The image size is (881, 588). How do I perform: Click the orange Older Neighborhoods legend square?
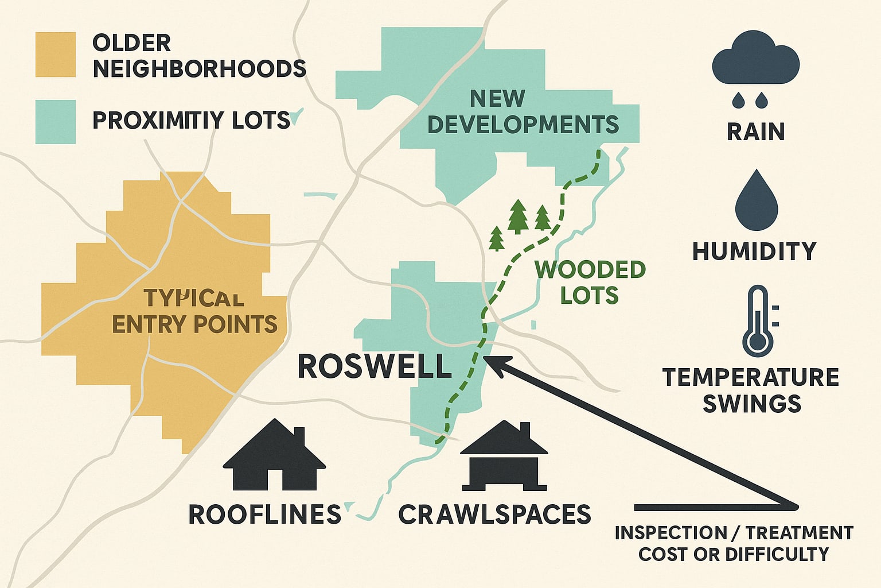[x=55, y=55]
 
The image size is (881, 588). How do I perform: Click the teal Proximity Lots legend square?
[x=55, y=122]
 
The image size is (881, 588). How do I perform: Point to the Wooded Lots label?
[x=589, y=282]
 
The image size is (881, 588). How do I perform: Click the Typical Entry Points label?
[x=194, y=311]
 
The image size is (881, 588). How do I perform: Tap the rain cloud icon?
[x=755, y=64]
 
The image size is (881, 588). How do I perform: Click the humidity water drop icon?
[x=756, y=197]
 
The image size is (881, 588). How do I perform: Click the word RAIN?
[x=755, y=131]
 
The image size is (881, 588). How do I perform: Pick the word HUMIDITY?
[x=754, y=252]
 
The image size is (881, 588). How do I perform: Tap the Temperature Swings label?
[x=751, y=390]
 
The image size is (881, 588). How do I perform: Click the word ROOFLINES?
[x=264, y=514]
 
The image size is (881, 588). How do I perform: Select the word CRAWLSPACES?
[x=494, y=514]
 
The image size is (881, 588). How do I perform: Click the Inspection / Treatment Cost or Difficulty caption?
[x=734, y=543]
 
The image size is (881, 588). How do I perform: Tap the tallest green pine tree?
[x=518, y=216]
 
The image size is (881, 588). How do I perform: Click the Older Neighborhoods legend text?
[x=198, y=56]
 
